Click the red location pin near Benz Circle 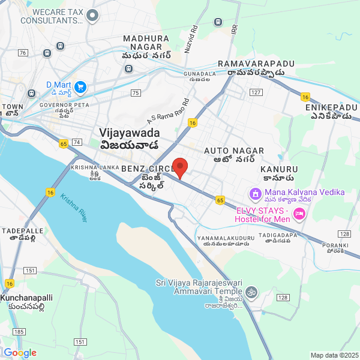[x=180, y=167]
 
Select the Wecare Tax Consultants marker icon [x=92, y=16]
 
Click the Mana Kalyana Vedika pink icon [x=254, y=193]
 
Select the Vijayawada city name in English [x=130, y=133]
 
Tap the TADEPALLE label [x=23, y=230]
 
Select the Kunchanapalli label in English [x=27, y=298]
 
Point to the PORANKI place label [x=334, y=245]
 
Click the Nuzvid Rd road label [x=191, y=39]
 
